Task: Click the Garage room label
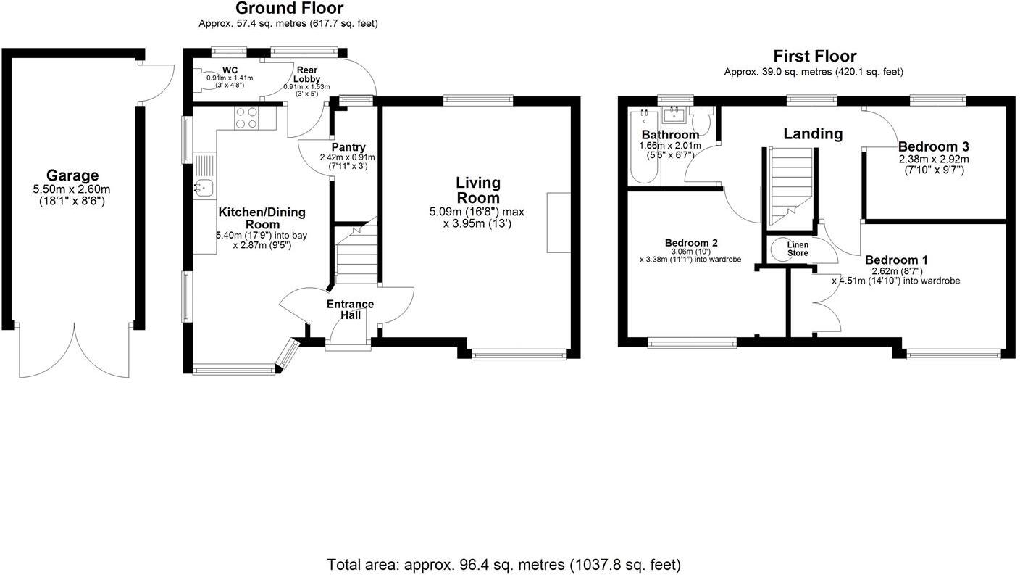pyautogui.click(x=72, y=175)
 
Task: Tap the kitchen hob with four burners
pyautogui.click(x=246, y=117)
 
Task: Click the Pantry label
pyautogui.click(x=348, y=147)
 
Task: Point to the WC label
pyautogui.click(x=230, y=70)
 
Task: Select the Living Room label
pyautogui.click(x=477, y=191)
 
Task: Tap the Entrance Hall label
pyautogui.click(x=350, y=310)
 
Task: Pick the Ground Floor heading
pyautogui.click(x=289, y=9)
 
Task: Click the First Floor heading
pyautogui.click(x=814, y=57)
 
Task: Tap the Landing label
pyautogui.click(x=813, y=133)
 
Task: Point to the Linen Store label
pyautogui.click(x=798, y=249)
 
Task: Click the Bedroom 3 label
pyautogui.click(x=933, y=146)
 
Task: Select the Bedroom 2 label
pyautogui.click(x=691, y=242)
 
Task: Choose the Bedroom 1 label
pyautogui.click(x=896, y=260)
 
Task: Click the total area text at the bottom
pyautogui.click(x=504, y=564)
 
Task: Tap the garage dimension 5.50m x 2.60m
pyautogui.click(x=72, y=189)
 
